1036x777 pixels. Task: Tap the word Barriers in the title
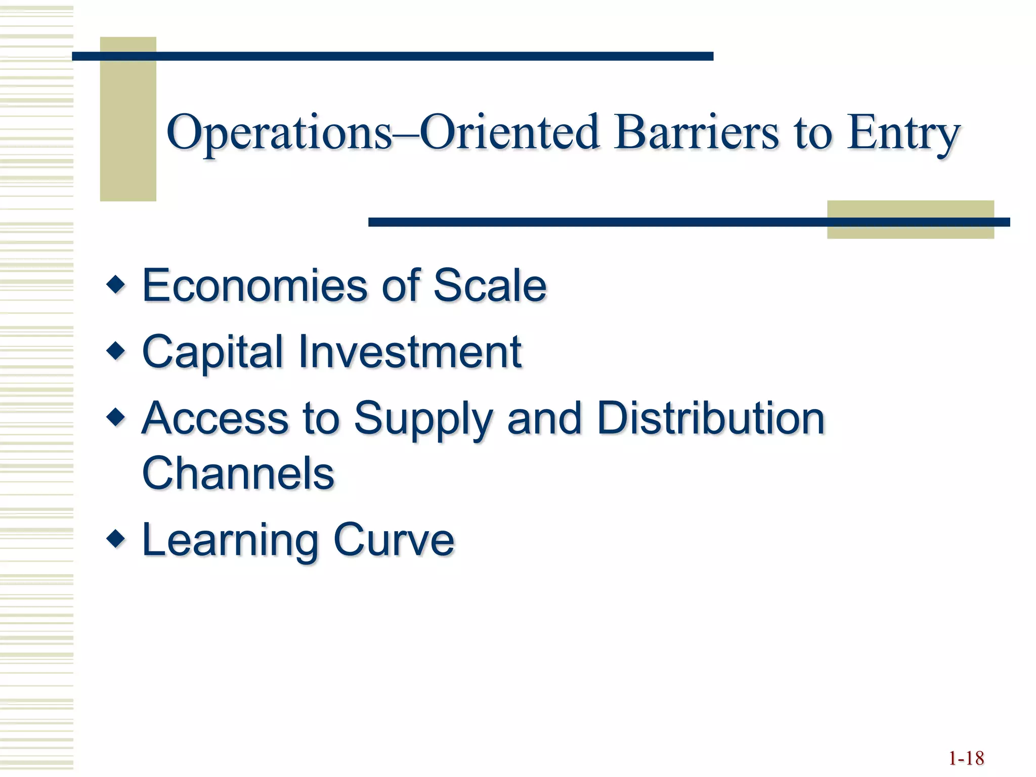coord(696,133)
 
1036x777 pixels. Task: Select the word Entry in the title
coord(903,133)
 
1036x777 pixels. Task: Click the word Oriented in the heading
coord(510,133)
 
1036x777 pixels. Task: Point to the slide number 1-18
coord(966,758)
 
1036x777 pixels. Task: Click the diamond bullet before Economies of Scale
coord(116,285)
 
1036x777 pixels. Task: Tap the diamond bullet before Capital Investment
coord(116,351)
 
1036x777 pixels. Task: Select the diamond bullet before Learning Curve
coord(116,539)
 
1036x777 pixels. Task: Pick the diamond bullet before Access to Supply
coord(116,417)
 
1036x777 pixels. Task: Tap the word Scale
coord(490,286)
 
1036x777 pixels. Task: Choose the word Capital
coord(212,353)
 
